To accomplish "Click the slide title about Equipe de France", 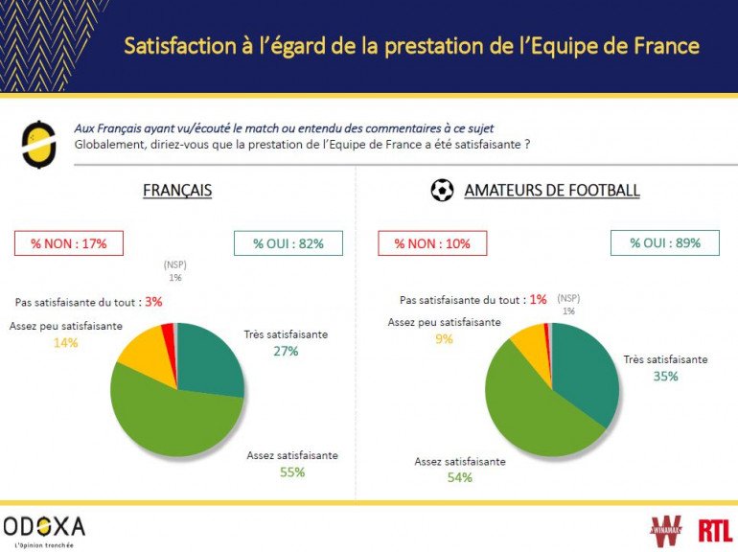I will (x=411, y=46).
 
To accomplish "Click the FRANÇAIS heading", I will (x=177, y=191).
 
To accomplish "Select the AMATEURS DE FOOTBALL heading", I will (x=551, y=191).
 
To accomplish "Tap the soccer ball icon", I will (x=442, y=191).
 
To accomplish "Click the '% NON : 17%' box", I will (x=68, y=243).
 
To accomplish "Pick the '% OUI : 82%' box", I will (x=288, y=243).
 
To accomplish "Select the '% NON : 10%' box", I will (x=432, y=243).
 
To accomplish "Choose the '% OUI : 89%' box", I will (x=665, y=242).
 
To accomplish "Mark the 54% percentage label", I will (x=460, y=477).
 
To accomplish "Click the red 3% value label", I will (x=153, y=302).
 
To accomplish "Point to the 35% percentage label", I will (x=665, y=376).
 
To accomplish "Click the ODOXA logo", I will (x=44, y=528).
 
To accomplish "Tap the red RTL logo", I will (x=714, y=531).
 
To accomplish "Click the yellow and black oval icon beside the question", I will (x=37, y=144).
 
